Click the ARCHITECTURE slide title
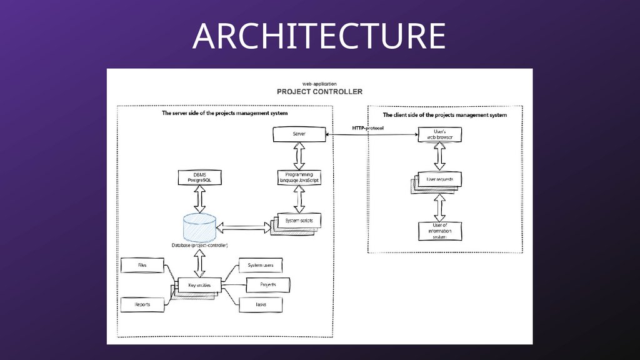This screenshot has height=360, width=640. pyautogui.click(x=319, y=36)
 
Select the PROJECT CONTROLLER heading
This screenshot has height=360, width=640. pyautogui.click(x=319, y=92)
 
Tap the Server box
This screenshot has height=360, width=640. pyautogui.click(x=299, y=134)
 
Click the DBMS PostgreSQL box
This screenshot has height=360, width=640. pyautogui.click(x=201, y=177)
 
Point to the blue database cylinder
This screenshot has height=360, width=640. pyautogui.click(x=200, y=228)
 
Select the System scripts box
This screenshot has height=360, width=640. pyautogui.click(x=299, y=221)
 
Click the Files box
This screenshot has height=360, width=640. pyautogui.click(x=142, y=266)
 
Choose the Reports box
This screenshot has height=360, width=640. pyautogui.click(x=142, y=304)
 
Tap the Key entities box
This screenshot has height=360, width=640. pyautogui.click(x=199, y=285)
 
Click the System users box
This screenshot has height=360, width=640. pyautogui.click(x=261, y=266)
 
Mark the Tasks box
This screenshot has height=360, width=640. pyautogui.click(x=261, y=304)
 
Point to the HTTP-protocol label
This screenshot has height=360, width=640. pyautogui.click(x=367, y=128)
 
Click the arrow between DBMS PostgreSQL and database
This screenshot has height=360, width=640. pyautogui.click(x=201, y=199)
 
